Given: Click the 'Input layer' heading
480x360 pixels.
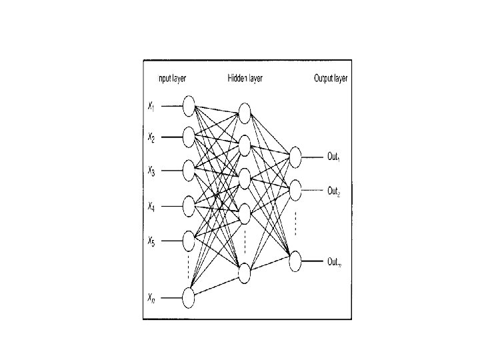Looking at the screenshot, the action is point(171,79).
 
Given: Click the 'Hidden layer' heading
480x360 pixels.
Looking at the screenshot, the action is point(245,79).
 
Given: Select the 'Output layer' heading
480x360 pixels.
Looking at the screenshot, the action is point(331,79).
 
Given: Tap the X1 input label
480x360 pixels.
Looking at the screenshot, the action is point(151,105).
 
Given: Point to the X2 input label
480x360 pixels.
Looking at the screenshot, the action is point(151,138).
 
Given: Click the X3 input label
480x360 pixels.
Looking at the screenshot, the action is point(151,172).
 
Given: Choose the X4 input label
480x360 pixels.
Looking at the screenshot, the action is point(151,207).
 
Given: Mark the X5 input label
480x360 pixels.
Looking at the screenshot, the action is point(151,241).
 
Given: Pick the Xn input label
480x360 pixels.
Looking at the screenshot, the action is point(152,301).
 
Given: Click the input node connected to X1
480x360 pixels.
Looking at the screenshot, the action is point(189,105).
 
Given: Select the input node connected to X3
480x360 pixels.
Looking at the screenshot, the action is point(189,171).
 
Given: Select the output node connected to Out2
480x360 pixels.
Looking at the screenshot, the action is point(296,189).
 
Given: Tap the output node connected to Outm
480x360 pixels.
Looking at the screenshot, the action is point(296,261).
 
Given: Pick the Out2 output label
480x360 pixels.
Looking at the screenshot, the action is point(334,191).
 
